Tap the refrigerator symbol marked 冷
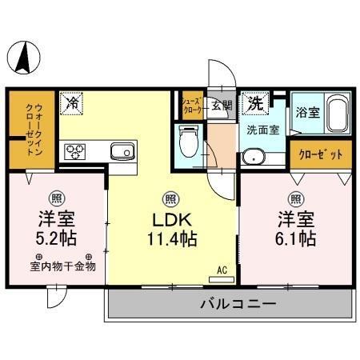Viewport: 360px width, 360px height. [72, 102]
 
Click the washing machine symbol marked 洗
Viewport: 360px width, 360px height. [254, 102]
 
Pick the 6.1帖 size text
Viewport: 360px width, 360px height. [296, 238]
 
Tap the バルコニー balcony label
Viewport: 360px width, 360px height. [234, 305]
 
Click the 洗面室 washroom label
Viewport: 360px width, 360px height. [262, 129]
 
